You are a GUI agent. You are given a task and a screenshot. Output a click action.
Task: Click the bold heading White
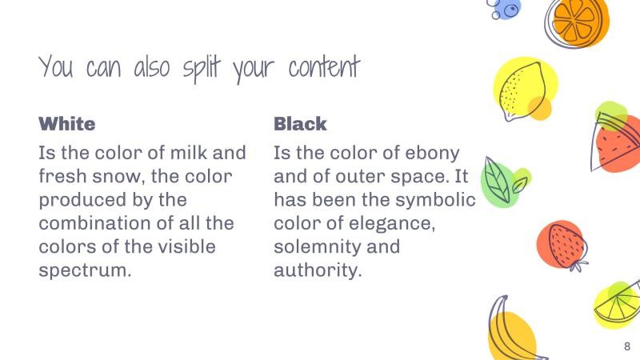67,124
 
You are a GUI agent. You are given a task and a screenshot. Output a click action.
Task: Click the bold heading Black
300,124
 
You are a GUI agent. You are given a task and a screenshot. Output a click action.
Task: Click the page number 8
626,346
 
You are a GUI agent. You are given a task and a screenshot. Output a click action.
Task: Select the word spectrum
84,270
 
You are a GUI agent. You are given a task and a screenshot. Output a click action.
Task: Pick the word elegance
386,222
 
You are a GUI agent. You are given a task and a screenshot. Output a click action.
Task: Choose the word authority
318,270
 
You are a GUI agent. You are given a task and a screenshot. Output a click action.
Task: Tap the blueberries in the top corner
505,9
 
